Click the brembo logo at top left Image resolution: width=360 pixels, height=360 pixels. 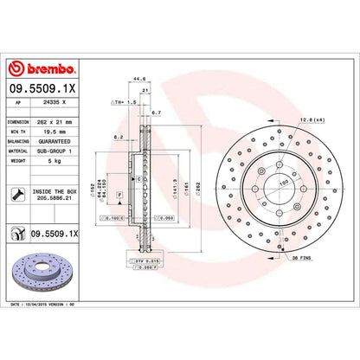pos(42,69)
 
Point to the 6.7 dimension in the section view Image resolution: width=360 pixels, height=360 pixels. pos(156,112)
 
